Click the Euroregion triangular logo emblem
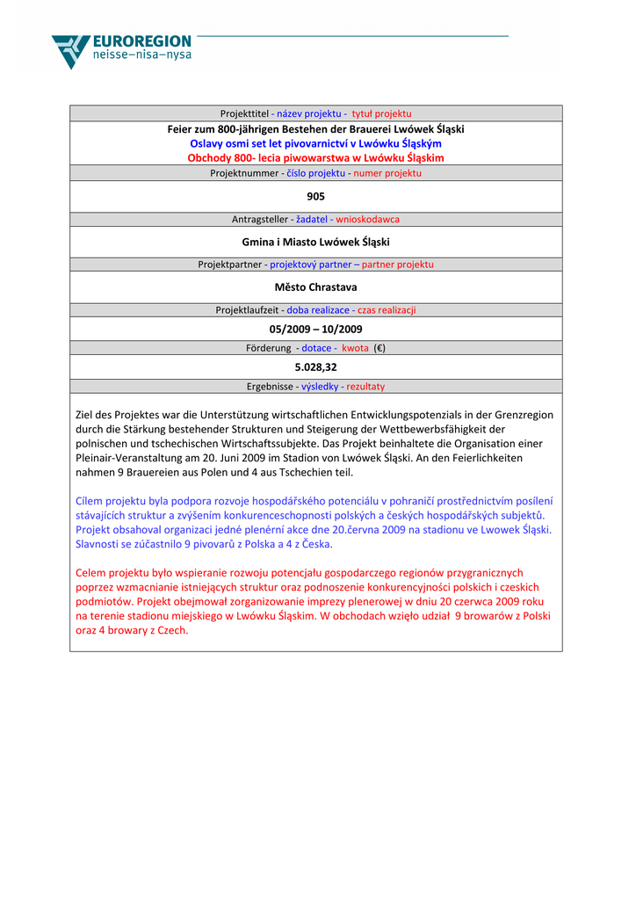[70, 51]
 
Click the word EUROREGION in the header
[141, 41]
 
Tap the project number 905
[315, 196]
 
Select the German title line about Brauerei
[315, 128]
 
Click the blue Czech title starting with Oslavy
[315, 143]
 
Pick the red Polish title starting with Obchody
[315, 158]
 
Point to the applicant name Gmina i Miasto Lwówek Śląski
[315, 242]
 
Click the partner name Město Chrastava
[315, 287]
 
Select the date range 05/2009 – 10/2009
[315, 330]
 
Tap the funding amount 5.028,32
[315, 367]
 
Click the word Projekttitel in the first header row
[244, 114]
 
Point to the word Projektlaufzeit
[248, 310]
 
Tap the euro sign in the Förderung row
[379, 348]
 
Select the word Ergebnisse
[269, 387]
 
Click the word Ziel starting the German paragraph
[85, 415]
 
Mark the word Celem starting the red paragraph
[90, 573]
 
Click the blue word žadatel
[311, 219]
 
